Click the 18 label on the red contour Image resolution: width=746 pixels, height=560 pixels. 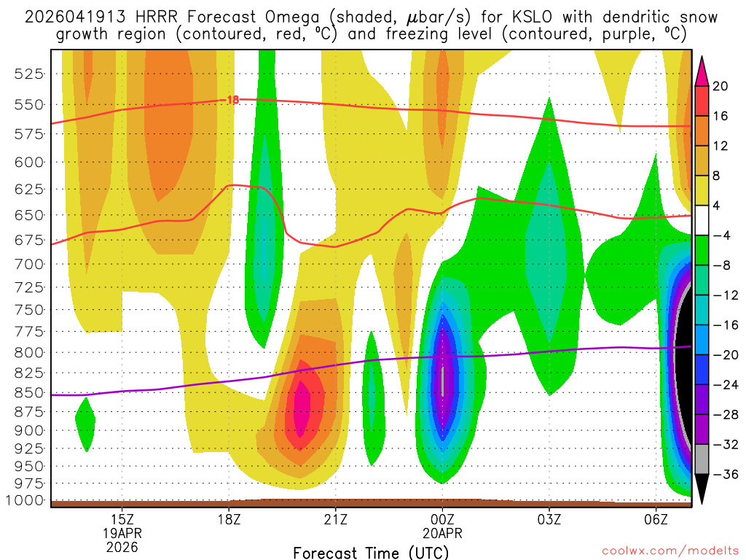(x=233, y=99)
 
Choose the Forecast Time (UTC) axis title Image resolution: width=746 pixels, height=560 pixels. (x=372, y=552)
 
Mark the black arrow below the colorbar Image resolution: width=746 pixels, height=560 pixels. (x=702, y=489)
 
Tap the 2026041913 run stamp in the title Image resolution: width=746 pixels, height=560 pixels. (x=71, y=17)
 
